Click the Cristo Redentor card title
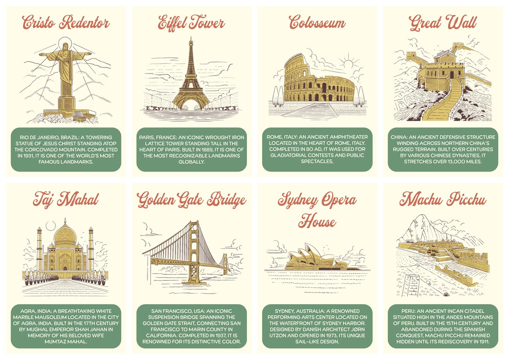(66, 22)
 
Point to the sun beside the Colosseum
(348, 63)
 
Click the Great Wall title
(443, 22)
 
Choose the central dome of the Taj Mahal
(66, 234)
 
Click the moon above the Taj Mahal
(51, 225)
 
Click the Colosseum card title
(317, 22)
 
